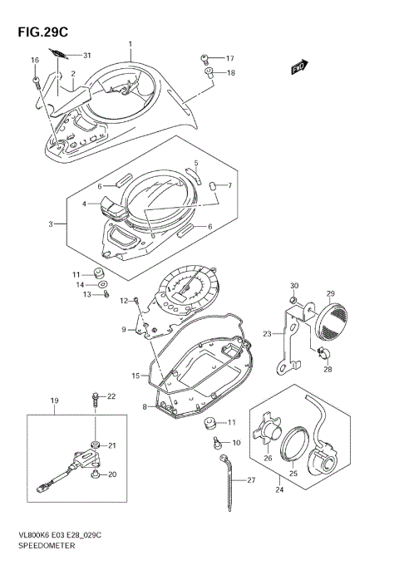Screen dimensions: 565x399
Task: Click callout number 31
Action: tap(86, 55)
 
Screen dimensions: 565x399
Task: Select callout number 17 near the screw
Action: tap(230, 58)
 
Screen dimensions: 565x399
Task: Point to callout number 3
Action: tap(52, 224)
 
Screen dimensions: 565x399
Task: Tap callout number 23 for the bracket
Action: tap(268, 334)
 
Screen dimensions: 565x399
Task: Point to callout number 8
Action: tap(145, 406)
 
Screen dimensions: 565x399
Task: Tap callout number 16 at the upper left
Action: tap(35, 61)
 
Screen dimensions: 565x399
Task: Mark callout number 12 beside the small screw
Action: tap(123, 300)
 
